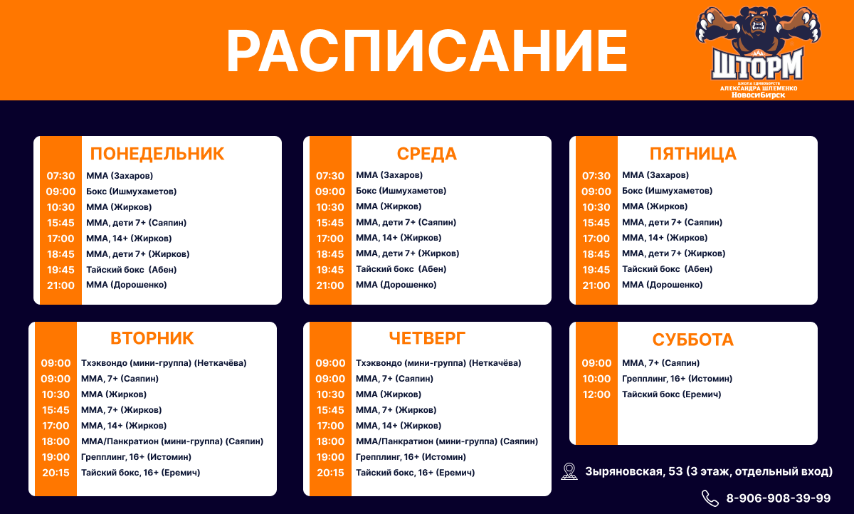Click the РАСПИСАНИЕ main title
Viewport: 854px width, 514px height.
click(427, 51)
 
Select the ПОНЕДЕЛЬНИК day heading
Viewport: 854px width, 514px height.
click(157, 154)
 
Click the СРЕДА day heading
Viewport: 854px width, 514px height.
click(426, 154)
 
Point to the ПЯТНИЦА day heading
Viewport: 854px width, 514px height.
click(692, 154)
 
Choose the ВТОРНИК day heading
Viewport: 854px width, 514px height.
click(152, 338)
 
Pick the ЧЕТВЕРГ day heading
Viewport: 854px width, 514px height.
click(427, 338)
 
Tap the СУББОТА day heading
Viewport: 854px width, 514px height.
click(692, 340)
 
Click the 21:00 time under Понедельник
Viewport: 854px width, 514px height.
click(60, 285)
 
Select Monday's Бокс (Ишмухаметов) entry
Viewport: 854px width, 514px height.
click(131, 191)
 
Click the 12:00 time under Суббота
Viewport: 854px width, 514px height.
click(596, 394)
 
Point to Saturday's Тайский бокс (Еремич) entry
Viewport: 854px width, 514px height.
click(671, 394)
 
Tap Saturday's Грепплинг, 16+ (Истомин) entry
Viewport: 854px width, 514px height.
click(677, 379)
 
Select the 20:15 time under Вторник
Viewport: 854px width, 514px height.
click(56, 473)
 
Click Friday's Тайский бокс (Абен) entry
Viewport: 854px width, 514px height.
click(668, 269)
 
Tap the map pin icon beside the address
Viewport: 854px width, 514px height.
click(569, 471)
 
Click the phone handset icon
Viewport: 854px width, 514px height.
click(710, 498)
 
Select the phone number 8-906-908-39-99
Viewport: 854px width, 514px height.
click(778, 498)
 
